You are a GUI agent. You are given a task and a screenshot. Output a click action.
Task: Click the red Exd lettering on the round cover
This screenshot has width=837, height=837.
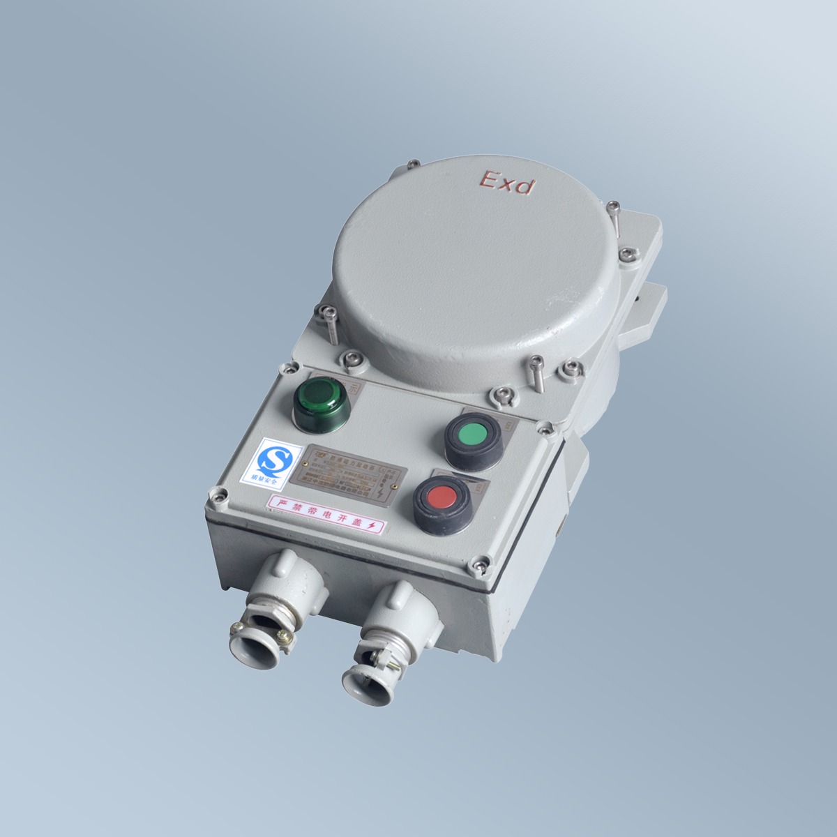coord(507,183)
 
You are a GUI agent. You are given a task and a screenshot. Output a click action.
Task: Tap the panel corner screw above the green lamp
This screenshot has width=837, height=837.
coord(286,368)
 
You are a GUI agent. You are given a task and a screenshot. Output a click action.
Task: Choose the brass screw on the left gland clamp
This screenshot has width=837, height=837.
coord(282,635)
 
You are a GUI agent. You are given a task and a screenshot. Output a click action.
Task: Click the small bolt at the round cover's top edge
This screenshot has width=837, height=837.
coord(413,165)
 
